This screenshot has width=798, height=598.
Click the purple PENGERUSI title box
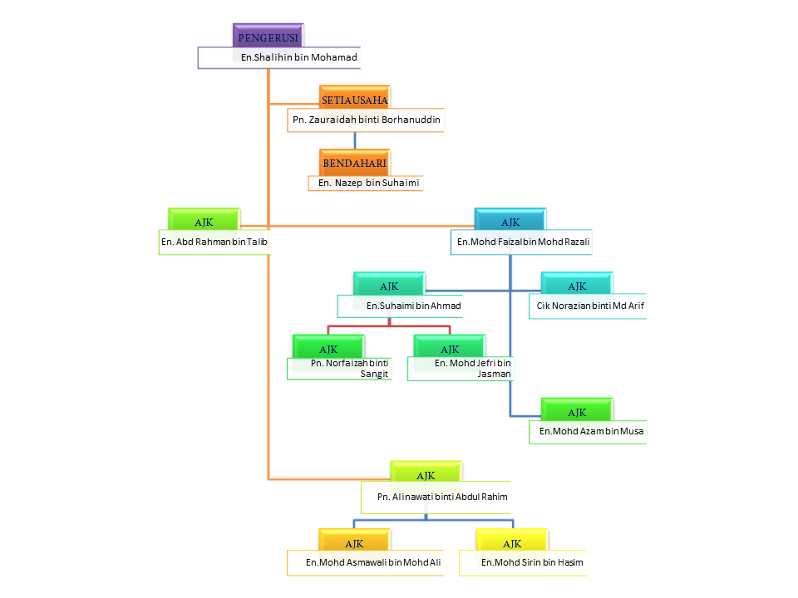tap(268, 37)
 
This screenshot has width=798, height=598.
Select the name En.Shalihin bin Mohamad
tap(298, 57)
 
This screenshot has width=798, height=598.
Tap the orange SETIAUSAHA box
tap(355, 100)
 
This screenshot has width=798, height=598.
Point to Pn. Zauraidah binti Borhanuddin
tap(366, 120)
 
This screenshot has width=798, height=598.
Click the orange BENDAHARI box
tap(355, 162)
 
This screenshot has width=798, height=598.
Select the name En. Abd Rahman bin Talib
tap(215, 242)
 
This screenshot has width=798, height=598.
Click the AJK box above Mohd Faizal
tap(510, 222)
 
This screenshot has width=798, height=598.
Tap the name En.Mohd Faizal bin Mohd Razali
tap(524, 242)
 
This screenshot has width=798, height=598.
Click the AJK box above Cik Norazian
tap(577, 286)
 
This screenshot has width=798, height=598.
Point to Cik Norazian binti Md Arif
tap(590, 306)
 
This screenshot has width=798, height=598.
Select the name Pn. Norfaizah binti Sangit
tap(349, 368)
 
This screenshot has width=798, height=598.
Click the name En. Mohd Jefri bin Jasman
tap(472, 368)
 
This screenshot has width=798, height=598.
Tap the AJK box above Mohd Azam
tap(577, 412)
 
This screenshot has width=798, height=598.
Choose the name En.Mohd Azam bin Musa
tap(591, 432)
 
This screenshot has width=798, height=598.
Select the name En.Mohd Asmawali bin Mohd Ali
tap(373, 563)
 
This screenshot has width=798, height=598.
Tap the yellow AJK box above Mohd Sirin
tap(512, 543)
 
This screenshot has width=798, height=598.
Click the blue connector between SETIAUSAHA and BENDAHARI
tap(355, 140)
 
